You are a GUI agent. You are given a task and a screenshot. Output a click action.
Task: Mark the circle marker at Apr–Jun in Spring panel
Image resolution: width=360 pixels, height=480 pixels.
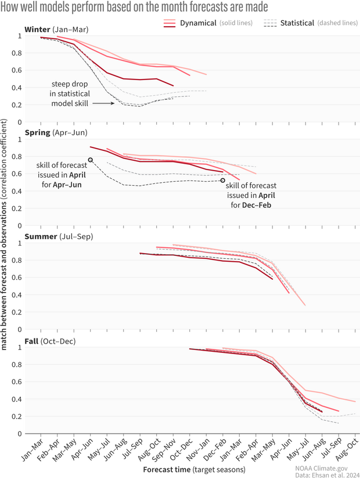(x=90, y=160)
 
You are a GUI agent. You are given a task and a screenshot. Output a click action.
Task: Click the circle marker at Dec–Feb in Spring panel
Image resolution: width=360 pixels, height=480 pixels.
(x=222, y=181)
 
